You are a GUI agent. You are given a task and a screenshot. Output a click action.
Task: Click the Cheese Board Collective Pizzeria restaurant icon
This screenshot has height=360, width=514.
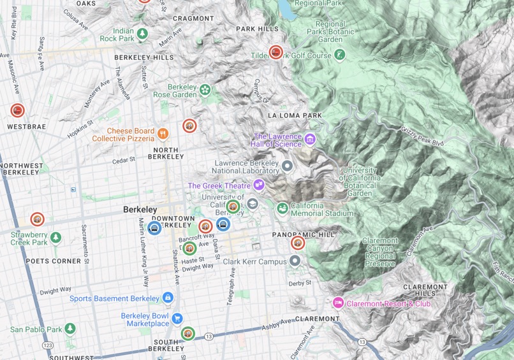(x=163, y=134)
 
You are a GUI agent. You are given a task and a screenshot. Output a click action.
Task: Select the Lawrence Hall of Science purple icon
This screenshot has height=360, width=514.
(x=310, y=138)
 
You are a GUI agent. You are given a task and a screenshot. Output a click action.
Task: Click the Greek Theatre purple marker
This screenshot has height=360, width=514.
(x=258, y=185)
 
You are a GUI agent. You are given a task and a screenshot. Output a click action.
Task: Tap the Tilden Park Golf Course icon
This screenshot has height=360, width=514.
(x=340, y=55)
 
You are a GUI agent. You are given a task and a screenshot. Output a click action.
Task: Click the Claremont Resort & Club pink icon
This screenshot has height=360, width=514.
(x=338, y=303)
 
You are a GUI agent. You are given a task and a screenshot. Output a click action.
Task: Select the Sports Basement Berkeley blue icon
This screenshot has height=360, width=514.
(x=168, y=298)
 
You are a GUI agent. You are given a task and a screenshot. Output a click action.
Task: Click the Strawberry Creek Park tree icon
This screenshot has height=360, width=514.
(x=56, y=238)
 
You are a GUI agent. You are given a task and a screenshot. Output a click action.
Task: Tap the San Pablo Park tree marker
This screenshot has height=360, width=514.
(x=70, y=329)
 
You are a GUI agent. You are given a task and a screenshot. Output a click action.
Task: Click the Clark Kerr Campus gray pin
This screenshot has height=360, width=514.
(x=294, y=261)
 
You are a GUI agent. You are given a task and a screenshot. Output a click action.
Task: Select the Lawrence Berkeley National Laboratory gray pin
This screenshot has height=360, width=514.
(x=287, y=166)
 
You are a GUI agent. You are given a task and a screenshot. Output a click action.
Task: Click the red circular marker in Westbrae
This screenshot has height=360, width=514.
(x=18, y=111)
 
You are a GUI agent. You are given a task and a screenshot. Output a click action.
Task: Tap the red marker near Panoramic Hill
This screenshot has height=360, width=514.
(x=298, y=243)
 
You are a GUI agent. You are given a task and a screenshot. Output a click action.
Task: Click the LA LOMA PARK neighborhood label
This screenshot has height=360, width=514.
(x=295, y=115)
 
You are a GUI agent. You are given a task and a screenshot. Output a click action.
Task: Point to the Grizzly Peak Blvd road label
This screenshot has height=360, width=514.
(x=422, y=136)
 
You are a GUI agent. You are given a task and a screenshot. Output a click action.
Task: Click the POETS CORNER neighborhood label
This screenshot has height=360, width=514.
(x=54, y=261)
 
